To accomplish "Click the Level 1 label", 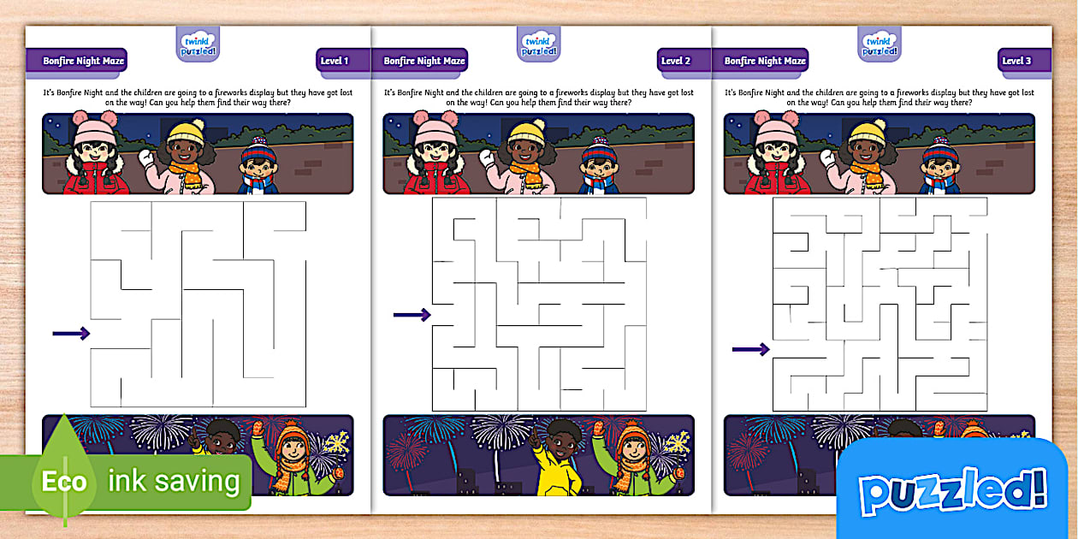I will pos(334,61).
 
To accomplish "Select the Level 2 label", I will pos(675,61).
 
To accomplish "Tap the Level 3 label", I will pos(1016,61).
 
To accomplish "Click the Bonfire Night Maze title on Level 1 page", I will pos(84,61).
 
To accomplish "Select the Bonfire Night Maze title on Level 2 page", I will pos(424,61).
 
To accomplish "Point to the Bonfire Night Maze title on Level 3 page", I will pos(765,61).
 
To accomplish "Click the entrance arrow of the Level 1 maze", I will pos(72,333).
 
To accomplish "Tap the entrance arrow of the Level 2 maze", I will pos(412,316).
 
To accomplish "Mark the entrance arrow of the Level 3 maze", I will pos(751,349).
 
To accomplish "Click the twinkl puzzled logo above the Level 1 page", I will pos(198,44).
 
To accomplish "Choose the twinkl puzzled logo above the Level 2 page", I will pos(539,44).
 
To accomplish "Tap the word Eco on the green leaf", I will pos(65,482).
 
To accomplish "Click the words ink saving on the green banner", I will pos(174,481).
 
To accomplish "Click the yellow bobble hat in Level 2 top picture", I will pos(526,133).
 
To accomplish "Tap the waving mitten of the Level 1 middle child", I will pos(146,158).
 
